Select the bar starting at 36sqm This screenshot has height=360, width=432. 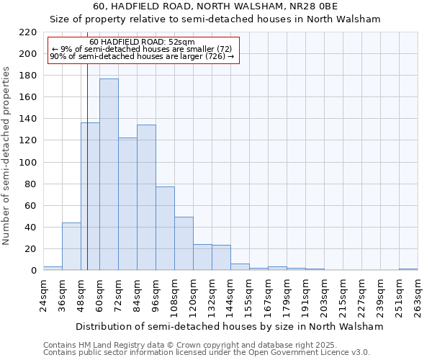pyautogui.click(x=71, y=246)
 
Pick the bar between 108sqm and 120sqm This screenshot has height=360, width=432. pyautogui.click(x=184, y=243)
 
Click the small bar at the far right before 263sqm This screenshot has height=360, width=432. pyautogui.click(x=408, y=269)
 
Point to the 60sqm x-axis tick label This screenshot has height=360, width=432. pyautogui.click(x=99, y=294)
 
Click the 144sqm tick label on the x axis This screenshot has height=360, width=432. pyautogui.click(x=230, y=296)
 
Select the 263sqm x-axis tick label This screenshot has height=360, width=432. pyautogui.click(x=418, y=296)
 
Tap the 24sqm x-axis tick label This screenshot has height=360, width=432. pyautogui.click(x=43, y=294)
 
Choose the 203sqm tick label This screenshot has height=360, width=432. pyautogui.click(x=324, y=296)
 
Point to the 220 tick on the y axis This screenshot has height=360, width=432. pyautogui.click(x=28, y=32)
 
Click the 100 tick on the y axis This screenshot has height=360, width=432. pyautogui.click(x=28, y=162)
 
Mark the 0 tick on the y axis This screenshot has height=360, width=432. pyautogui.click(x=33, y=271)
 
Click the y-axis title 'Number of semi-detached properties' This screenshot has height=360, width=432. pyautogui.click(x=7, y=156)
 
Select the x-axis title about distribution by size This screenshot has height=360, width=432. pyautogui.click(x=229, y=326)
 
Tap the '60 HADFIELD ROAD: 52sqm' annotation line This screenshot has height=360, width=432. pyautogui.click(x=142, y=42)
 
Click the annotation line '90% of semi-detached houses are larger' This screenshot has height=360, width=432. pyautogui.click(x=142, y=56)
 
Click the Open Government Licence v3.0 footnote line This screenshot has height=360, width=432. pyautogui.click(x=207, y=352)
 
